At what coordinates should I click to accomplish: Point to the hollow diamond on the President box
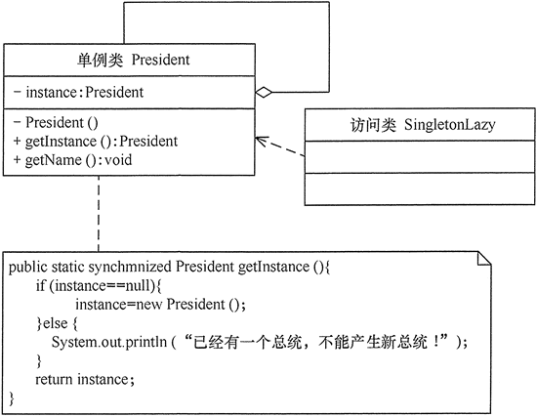point(263,93)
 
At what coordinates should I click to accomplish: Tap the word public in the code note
point(29,267)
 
